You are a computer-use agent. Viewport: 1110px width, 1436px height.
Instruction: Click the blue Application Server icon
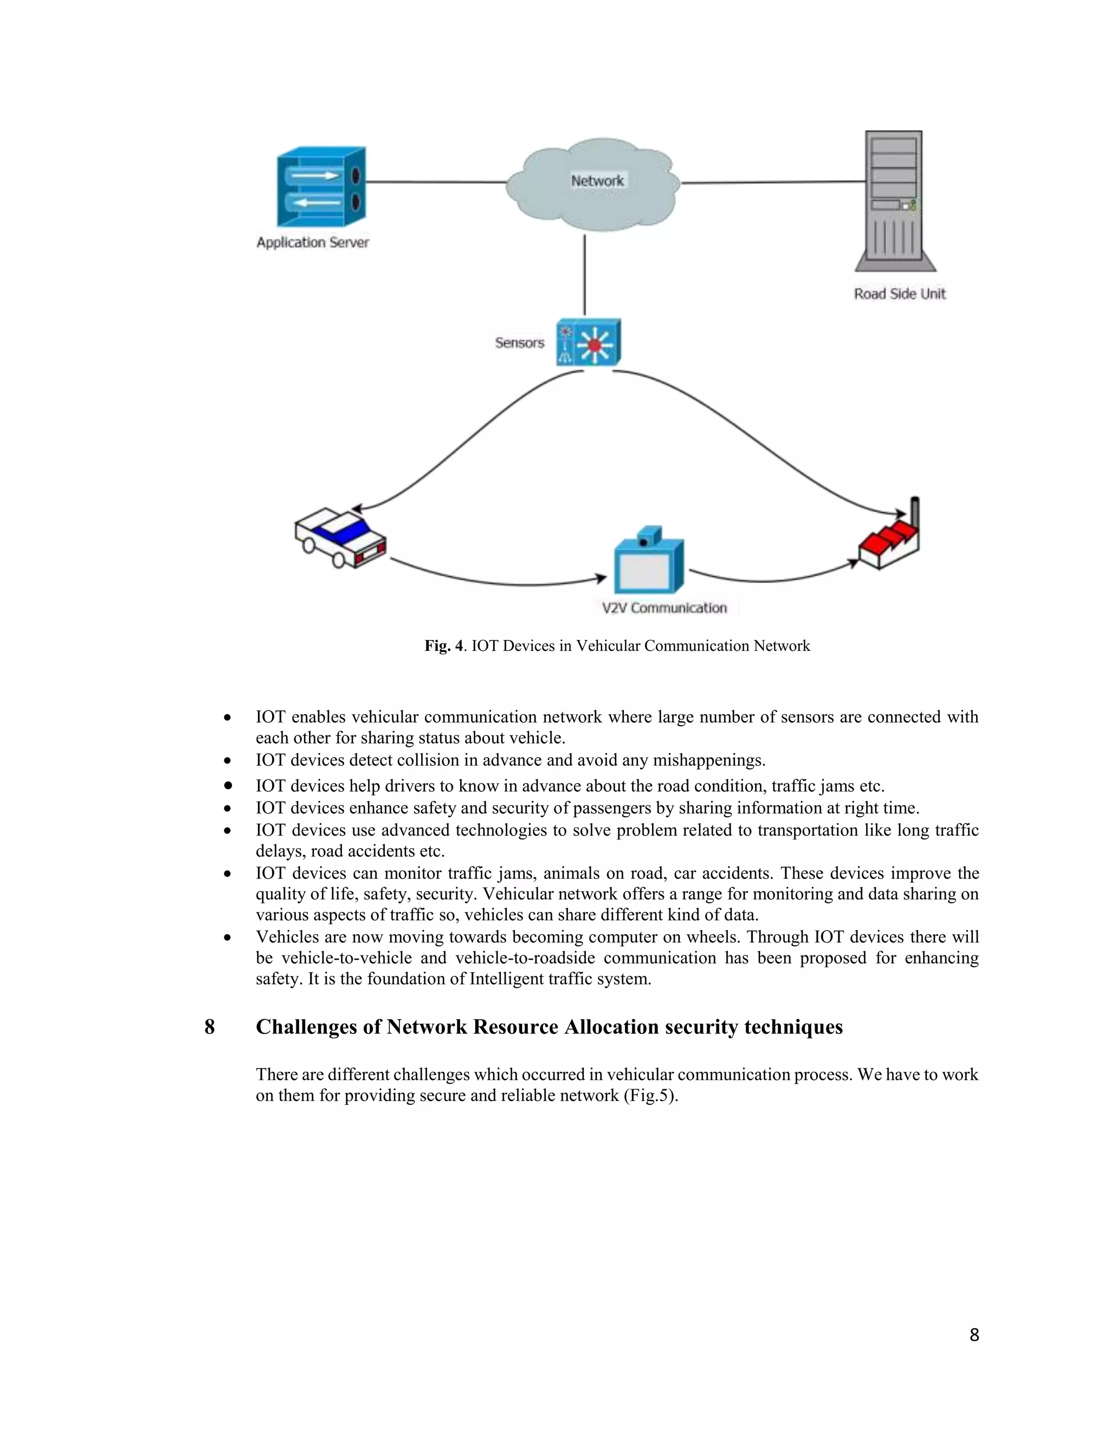[321, 187]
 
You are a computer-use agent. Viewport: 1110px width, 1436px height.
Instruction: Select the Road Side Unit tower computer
[895, 200]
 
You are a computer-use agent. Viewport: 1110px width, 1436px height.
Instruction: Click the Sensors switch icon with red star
[589, 342]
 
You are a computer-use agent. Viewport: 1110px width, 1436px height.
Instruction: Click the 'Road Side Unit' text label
[899, 294]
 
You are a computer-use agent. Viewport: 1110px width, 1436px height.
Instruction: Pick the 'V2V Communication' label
[664, 608]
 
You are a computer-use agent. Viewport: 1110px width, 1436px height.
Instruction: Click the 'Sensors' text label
[519, 342]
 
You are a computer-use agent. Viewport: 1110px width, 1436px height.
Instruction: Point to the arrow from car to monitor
[498, 582]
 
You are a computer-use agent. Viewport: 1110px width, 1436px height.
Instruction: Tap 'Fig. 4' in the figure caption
[444, 646]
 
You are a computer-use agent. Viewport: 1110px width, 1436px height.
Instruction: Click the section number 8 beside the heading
[210, 1027]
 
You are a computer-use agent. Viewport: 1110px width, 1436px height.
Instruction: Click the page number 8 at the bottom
[974, 1335]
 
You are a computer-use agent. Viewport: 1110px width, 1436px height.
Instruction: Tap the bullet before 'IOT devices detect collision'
[228, 761]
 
